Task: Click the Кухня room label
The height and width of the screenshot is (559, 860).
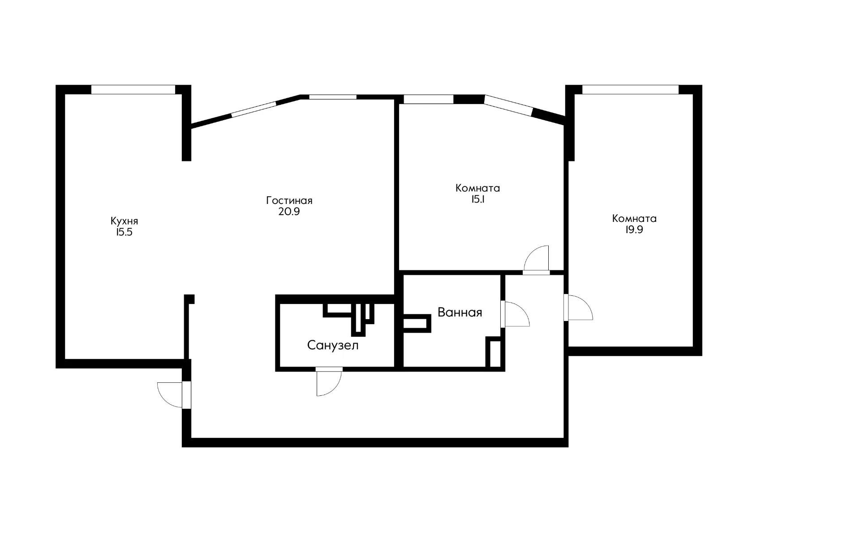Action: click(124, 221)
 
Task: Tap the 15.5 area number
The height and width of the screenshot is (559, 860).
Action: click(124, 232)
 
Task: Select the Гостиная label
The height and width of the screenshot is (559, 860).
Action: click(289, 200)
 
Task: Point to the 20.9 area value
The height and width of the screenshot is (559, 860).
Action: click(289, 212)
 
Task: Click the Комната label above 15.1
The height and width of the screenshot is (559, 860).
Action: click(477, 188)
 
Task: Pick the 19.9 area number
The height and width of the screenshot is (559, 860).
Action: click(634, 230)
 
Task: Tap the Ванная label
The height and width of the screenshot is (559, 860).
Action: click(460, 312)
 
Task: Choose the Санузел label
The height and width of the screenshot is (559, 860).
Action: click(333, 345)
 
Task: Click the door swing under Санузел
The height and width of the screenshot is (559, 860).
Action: click(329, 382)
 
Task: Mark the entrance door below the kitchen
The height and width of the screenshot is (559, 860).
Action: click(174, 394)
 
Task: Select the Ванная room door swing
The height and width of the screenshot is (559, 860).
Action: click(516, 314)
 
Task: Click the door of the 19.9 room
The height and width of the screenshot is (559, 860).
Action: click(579, 307)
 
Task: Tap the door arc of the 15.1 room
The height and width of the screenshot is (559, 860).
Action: click(537, 260)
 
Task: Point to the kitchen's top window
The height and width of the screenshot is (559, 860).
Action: click(133, 90)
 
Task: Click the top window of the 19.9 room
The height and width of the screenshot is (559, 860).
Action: click(630, 90)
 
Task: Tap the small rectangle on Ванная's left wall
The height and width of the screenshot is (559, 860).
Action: click(417, 323)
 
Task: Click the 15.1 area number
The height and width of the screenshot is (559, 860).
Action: click(477, 199)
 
